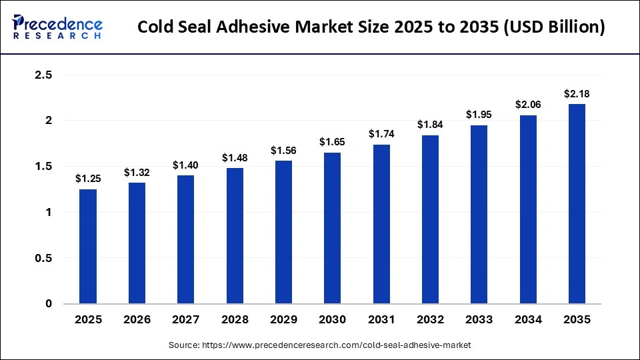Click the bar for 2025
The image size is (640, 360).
[x=88, y=247]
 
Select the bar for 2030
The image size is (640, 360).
[x=332, y=228]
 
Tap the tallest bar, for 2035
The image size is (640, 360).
[x=577, y=204]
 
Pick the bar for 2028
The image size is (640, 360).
[x=235, y=236]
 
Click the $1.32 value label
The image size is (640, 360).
[x=137, y=173]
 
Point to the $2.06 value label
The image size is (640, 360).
[x=527, y=105]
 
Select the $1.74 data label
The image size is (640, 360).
[x=381, y=134]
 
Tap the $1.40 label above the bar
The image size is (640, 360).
[x=186, y=165]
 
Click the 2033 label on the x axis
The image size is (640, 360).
[x=479, y=320]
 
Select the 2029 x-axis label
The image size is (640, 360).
[x=283, y=320]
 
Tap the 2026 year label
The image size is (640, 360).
[x=137, y=320]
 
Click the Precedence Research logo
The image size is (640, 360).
[x=57, y=27]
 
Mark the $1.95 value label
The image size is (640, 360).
[x=479, y=115]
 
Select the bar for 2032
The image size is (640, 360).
[x=430, y=219]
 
